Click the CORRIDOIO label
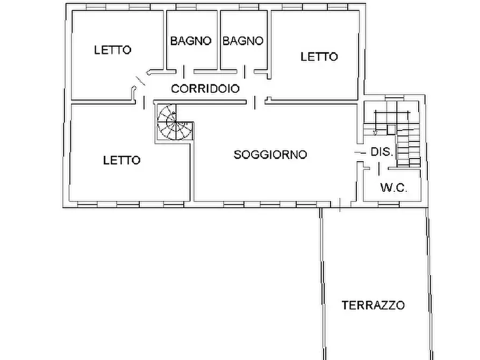click(205, 89)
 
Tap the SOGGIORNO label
click(270, 155)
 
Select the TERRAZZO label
click(374, 305)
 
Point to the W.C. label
click(393, 188)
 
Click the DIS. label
click(382, 153)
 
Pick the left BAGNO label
click(191, 41)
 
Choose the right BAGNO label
click(243, 41)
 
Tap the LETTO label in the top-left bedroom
click(112, 50)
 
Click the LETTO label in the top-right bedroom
click(319, 56)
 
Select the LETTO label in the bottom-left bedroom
click(121, 160)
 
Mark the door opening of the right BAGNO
click(245, 71)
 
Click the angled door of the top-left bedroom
click(139, 81)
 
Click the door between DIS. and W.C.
click(379, 169)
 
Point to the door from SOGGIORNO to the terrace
click(340, 204)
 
